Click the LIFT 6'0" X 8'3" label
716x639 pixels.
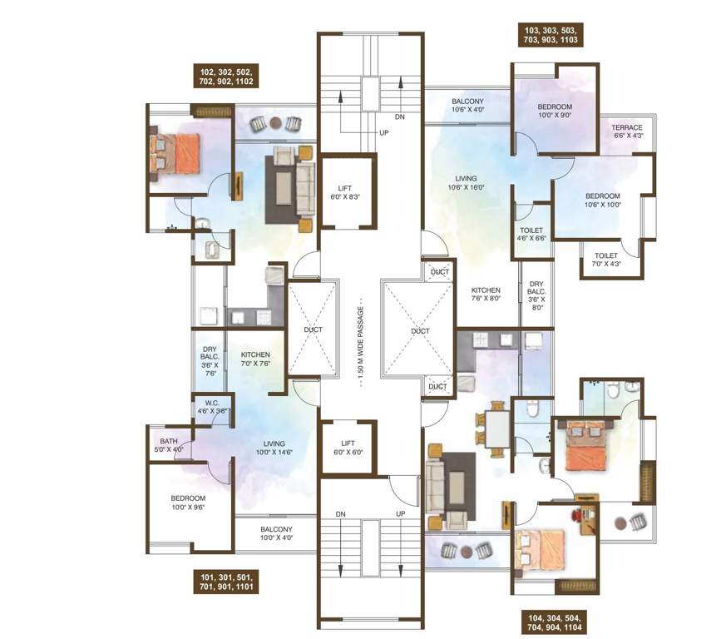pyautogui.click(x=346, y=191)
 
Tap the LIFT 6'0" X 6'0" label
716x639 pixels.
pyautogui.click(x=346, y=446)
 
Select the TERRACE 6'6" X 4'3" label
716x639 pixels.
pyautogui.click(x=628, y=131)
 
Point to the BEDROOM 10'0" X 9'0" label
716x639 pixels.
pyautogui.click(x=554, y=111)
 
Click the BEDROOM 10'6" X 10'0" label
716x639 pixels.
pyautogui.click(x=603, y=199)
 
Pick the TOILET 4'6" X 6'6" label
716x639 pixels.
pyautogui.click(x=531, y=234)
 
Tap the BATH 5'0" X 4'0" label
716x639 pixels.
pyautogui.click(x=170, y=445)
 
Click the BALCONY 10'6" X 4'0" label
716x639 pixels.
pyautogui.click(x=467, y=105)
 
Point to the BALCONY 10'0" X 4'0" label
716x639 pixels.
pyautogui.click(x=276, y=533)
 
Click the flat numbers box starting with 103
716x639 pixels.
pyautogui.click(x=550, y=34)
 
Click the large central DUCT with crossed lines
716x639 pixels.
pyautogui.click(x=419, y=329)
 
